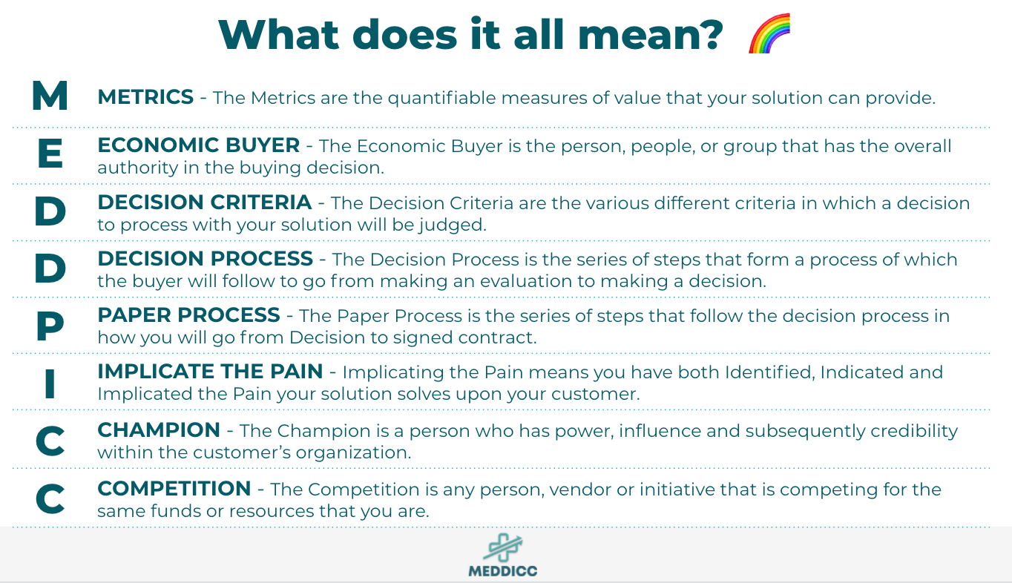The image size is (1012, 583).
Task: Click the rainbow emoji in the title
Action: (x=769, y=33)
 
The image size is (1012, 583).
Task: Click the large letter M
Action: (x=50, y=96)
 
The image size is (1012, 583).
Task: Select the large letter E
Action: (x=50, y=154)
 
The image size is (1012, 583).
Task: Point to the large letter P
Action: (x=50, y=326)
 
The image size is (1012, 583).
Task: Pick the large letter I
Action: (x=50, y=383)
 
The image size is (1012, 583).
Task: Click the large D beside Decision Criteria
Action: (x=50, y=212)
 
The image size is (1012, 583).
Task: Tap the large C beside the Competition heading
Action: (x=50, y=498)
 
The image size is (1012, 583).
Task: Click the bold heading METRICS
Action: (x=145, y=97)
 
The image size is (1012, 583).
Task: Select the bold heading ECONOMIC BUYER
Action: (x=199, y=145)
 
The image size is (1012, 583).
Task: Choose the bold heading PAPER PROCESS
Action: (x=188, y=315)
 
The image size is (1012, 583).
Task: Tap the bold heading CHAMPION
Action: (x=159, y=430)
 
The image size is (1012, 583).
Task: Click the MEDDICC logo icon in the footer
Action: (x=502, y=547)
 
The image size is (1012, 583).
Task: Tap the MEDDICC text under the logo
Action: (x=502, y=571)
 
